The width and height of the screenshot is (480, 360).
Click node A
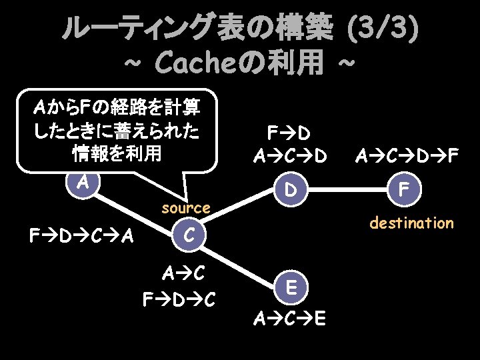pos(83,182)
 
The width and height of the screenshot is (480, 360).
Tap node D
pos(289,190)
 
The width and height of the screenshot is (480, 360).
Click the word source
pos(186,209)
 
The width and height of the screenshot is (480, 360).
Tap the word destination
pos(411,223)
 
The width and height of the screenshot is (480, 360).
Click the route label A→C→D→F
pos(407,157)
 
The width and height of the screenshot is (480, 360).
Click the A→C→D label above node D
pos(290,157)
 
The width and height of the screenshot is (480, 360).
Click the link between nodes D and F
pos(347,190)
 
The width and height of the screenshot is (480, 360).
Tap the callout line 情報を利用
pos(117,154)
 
